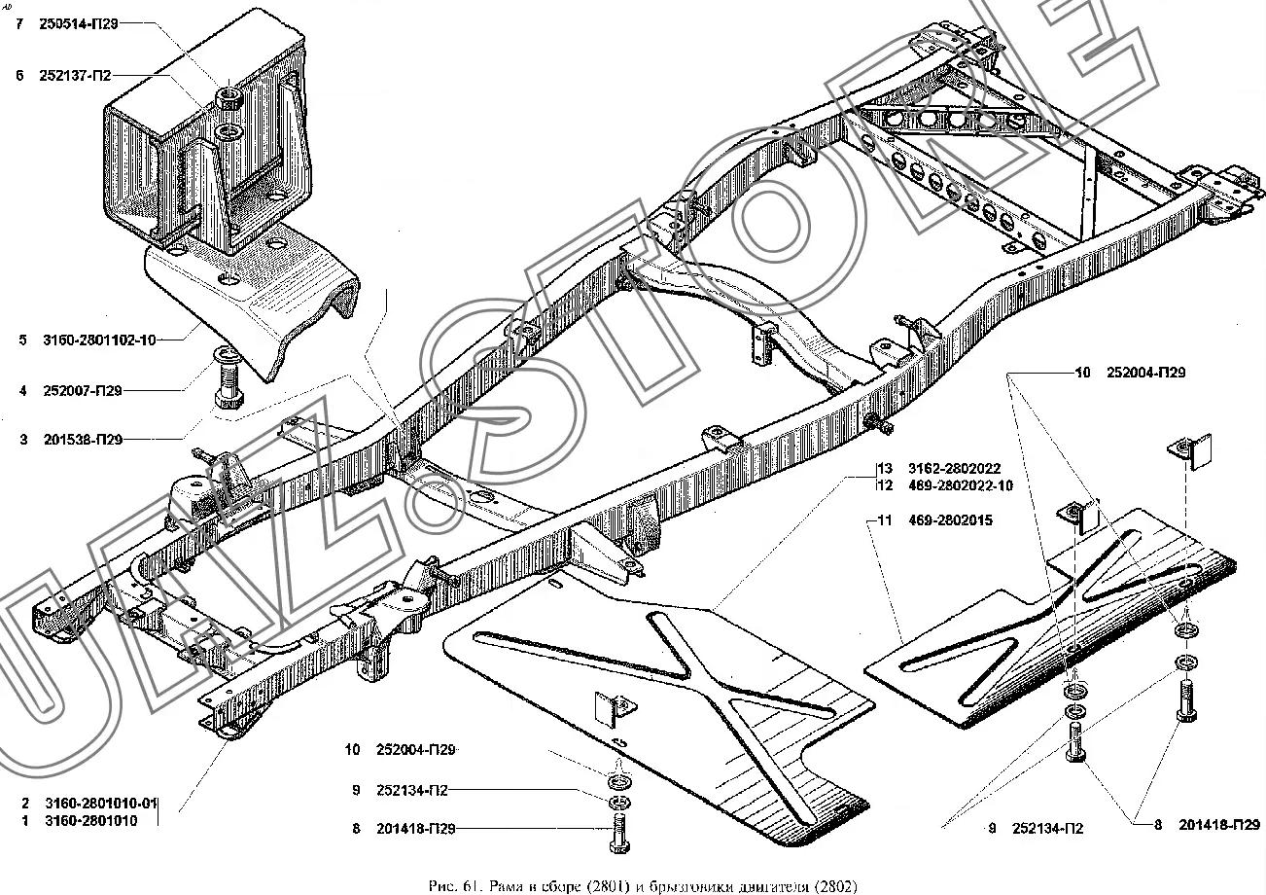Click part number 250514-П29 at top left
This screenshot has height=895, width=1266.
click(x=80, y=24)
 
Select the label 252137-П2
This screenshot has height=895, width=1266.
click(x=77, y=75)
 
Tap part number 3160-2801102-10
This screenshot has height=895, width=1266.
click(x=98, y=340)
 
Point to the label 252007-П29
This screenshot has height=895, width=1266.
click(x=83, y=391)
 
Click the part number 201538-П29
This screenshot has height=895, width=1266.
click(x=83, y=440)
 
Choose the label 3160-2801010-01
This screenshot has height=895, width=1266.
click(x=100, y=804)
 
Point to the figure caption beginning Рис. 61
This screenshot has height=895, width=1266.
click(x=642, y=885)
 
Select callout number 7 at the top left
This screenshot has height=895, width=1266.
click(x=18, y=24)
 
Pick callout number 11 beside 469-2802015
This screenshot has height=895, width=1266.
click(x=884, y=521)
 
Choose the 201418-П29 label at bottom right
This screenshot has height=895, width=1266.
click(x=1219, y=826)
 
